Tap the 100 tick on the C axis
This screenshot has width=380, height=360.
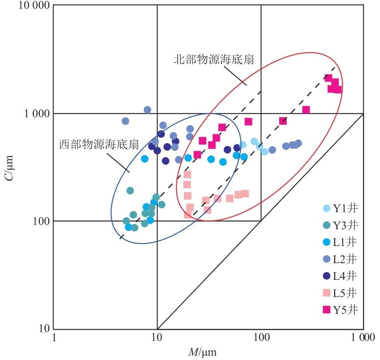pyautogui.click(x=41, y=221)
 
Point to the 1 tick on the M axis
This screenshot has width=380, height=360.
pyautogui.click(x=54, y=338)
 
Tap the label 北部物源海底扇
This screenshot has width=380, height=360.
pyautogui.click(x=214, y=59)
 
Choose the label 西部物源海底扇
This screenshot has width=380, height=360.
pyautogui.click(x=99, y=144)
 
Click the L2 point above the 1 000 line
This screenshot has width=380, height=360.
pyautogui.click(x=147, y=110)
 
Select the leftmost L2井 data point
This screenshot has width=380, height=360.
pyautogui.click(x=125, y=121)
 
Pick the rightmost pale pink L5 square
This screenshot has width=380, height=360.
pyautogui.click(x=245, y=194)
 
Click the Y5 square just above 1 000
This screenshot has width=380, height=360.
pyautogui.click(x=306, y=110)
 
